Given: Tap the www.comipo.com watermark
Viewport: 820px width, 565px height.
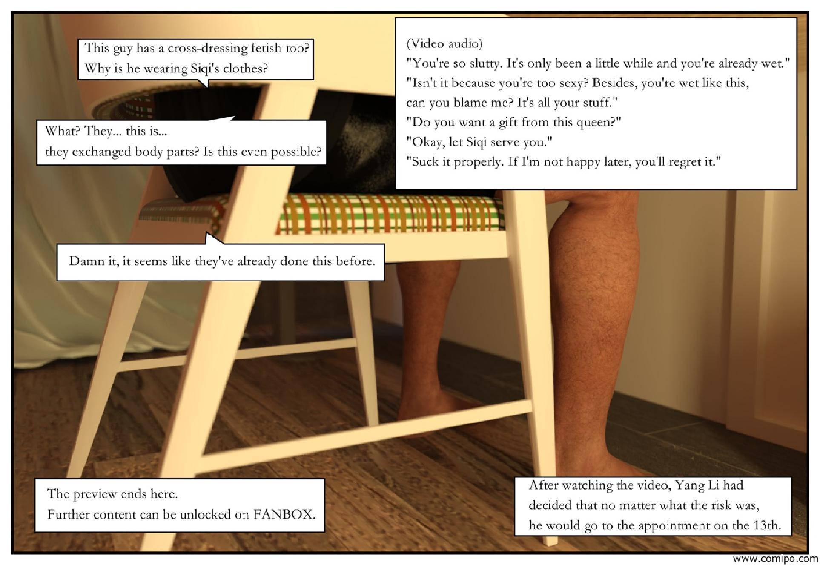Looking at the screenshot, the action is point(776,559).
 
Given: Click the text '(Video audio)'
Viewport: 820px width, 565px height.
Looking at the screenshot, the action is point(444,43).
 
